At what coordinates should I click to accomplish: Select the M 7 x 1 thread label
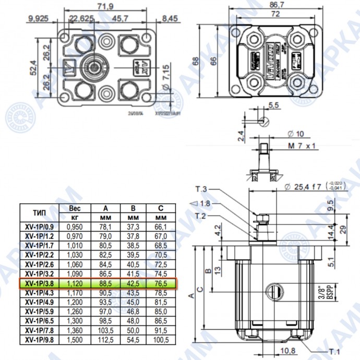(x=303, y=145)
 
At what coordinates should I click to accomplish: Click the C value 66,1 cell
(x=161, y=227)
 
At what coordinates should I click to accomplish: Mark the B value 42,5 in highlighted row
(x=133, y=283)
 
